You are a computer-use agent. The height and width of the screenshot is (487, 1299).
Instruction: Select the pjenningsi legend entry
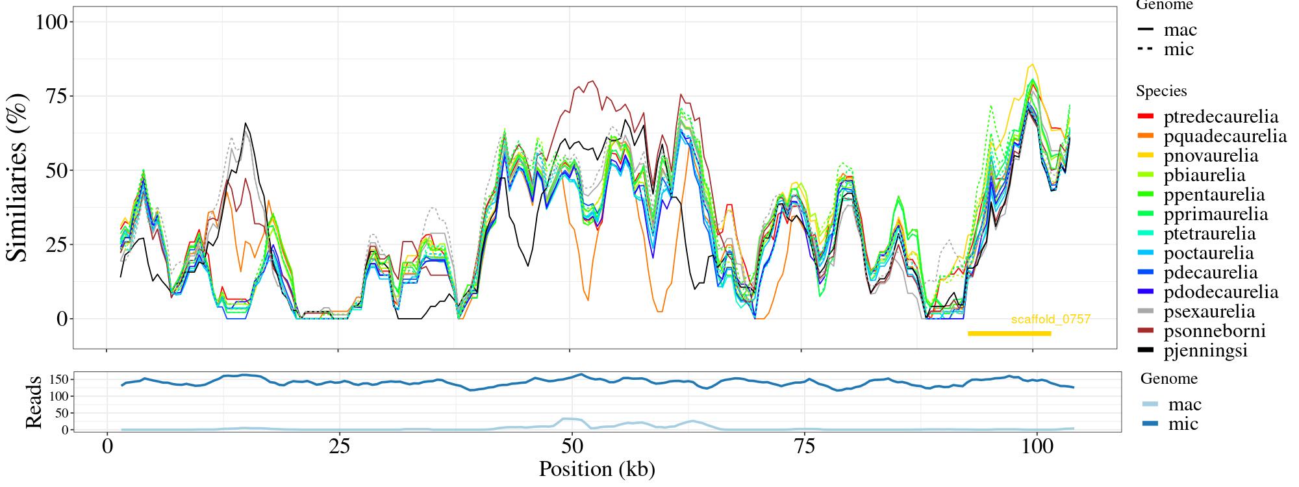point(1205,351)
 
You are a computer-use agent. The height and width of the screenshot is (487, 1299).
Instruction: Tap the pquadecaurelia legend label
point(1225,136)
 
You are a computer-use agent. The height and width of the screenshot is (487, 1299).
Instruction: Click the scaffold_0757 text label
point(1051,319)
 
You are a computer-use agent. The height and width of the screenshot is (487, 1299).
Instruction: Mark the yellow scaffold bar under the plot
point(1009,334)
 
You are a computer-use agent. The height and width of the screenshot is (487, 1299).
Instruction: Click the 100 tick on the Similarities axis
point(51,22)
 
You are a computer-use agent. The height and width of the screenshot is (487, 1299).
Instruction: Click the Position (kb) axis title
point(597,469)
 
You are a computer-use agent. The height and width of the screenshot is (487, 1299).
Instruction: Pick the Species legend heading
point(1161,91)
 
